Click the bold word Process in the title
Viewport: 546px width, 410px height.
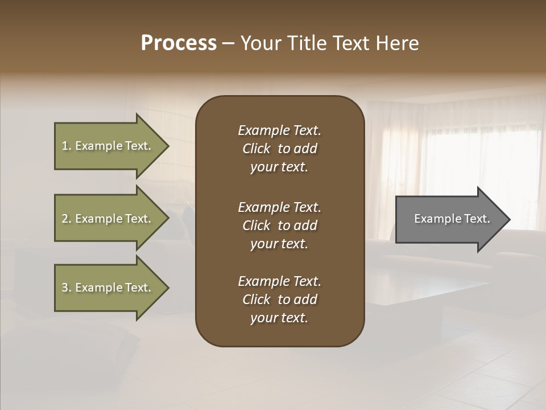pyautogui.click(x=179, y=43)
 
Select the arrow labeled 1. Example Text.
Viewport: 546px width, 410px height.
pyautogui.click(x=108, y=146)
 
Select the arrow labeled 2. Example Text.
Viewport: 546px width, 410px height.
pyautogui.click(x=108, y=219)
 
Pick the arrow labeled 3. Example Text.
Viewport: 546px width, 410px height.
pyautogui.click(x=108, y=288)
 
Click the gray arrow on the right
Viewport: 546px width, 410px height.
pyautogui.click(x=449, y=219)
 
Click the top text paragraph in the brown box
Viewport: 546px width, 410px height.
pyautogui.click(x=279, y=149)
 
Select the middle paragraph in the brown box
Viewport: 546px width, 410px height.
pyautogui.click(x=279, y=225)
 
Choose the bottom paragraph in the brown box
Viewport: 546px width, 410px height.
pyautogui.click(x=279, y=300)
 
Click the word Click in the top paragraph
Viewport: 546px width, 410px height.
pyautogui.click(x=256, y=149)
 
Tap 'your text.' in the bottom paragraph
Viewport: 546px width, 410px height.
pyautogui.click(x=279, y=318)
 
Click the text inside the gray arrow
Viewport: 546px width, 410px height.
pyautogui.click(x=452, y=219)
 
